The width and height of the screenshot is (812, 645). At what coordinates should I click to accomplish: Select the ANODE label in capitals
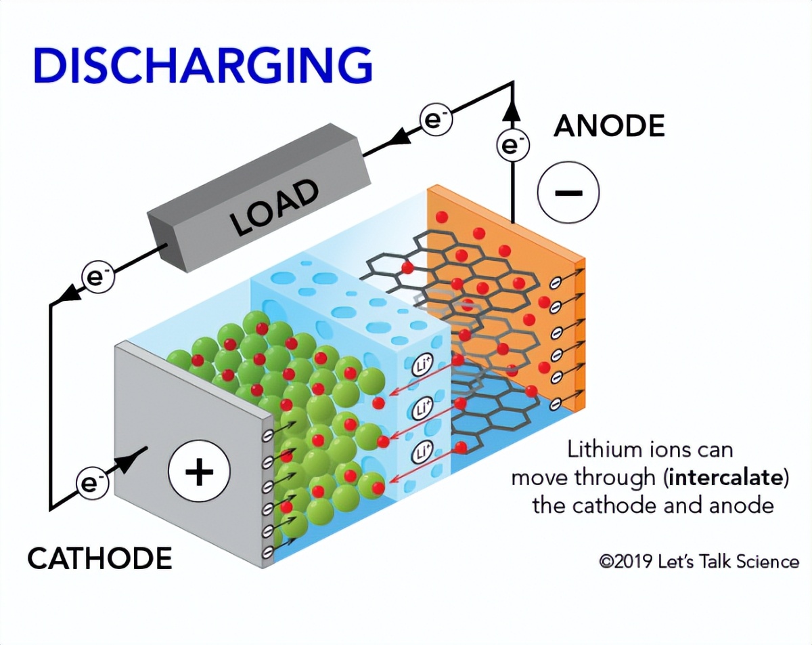[x=609, y=126]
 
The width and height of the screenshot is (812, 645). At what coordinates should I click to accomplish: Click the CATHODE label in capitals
[x=99, y=558]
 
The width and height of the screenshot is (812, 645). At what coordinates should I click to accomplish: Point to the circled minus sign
[x=568, y=192]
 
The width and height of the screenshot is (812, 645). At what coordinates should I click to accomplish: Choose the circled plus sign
[x=199, y=472]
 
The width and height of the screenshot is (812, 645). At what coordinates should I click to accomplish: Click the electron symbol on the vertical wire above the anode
[x=512, y=145]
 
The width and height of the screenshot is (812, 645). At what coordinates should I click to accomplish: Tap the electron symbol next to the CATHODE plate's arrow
[x=89, y=483]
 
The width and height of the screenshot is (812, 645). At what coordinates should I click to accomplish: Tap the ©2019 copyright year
[x=626, y=562]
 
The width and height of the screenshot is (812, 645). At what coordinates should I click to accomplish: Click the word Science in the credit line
[x=764, y=562]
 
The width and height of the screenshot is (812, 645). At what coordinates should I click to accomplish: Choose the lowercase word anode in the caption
[x=740, y=505]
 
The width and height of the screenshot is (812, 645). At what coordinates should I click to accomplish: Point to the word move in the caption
[x=539, y=478]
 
